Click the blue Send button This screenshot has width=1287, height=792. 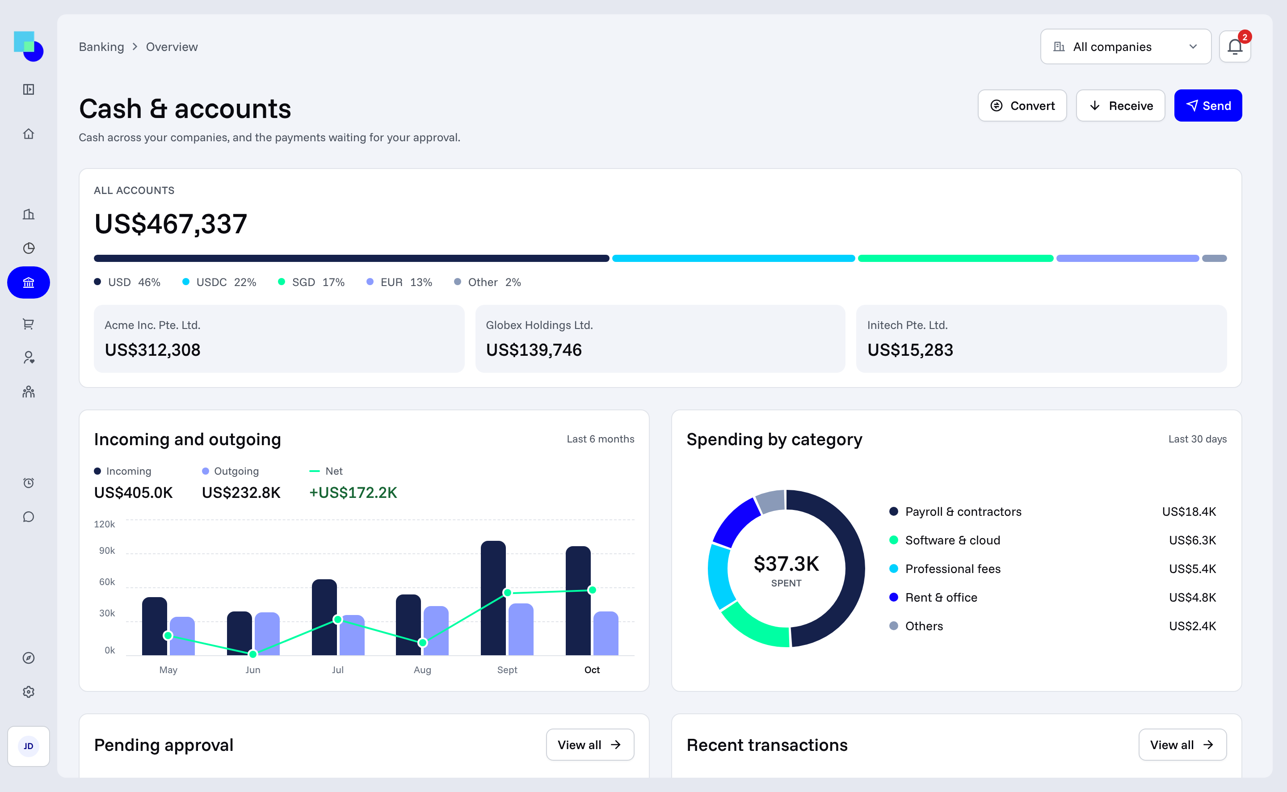pos(1207,106)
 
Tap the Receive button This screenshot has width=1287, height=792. pos(1120,106)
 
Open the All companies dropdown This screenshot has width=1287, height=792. pos(1125,46)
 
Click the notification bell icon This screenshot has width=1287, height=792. pos(1235,46)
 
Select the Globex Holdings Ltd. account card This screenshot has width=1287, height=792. pos(660,338)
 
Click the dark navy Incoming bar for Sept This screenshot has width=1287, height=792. pos(493,598)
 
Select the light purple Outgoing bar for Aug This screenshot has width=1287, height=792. pos(436,630)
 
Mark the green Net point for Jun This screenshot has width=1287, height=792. pos(253,654)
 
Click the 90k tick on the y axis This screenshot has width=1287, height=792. pos(107,551)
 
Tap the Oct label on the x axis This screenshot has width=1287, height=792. pos(592,670)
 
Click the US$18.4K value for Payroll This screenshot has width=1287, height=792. pos(1189,512)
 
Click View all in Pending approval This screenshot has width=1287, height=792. pos(590,745)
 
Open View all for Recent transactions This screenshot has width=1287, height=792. pos(1182,745)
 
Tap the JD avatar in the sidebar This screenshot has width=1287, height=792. pos(28,746)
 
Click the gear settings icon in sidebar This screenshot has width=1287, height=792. pos(29,692)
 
